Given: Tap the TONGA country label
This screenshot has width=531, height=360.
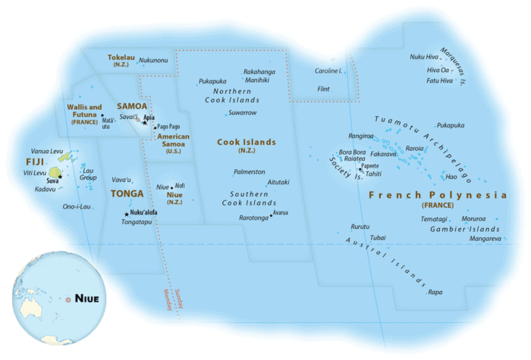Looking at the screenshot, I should [124, 193].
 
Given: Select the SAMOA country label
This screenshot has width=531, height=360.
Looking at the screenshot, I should [132, 106].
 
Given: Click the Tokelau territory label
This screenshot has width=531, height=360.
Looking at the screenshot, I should [122, 57].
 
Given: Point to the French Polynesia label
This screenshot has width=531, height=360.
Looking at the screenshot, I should [437, 196].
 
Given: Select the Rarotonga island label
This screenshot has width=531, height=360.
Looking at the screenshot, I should [253, 218].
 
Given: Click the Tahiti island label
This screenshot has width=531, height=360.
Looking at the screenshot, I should [373, 174].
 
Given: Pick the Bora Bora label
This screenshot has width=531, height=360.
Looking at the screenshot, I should [353, 152].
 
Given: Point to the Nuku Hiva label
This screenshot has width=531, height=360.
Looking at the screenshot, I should [424, 57].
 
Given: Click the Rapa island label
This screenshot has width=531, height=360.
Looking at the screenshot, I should [435, 292].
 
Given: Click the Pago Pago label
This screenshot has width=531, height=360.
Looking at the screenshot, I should [168, 127].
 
